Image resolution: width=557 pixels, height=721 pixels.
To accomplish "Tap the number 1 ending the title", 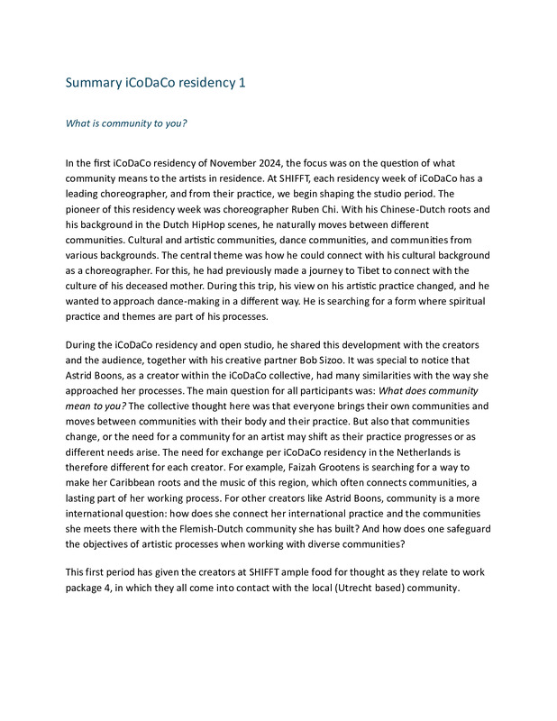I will click(x=241, y=83).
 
